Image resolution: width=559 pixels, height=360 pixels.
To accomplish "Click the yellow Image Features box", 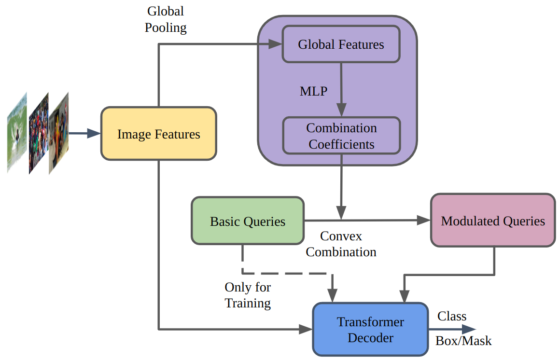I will [158, 134].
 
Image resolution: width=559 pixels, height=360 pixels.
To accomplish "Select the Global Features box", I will [341, 44].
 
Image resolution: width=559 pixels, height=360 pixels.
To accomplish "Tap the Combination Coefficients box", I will [341, 136].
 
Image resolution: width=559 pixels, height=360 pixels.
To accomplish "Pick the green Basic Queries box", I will [248, 222].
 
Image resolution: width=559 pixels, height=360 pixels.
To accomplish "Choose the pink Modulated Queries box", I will [493, 221].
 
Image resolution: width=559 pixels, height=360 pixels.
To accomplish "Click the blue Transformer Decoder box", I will [370, 330].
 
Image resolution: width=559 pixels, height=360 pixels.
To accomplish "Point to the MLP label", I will [313, 91].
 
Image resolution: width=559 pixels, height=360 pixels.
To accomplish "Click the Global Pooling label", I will [166, 19].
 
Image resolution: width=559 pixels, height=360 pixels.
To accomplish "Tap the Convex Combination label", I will [341, 244].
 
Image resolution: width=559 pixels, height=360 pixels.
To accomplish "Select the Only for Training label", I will [248, 295].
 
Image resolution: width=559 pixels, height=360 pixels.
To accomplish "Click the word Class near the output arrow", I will [452, 316].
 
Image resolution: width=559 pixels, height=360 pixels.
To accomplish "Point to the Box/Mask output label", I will [463, 341].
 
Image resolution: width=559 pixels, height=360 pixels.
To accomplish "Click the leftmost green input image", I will [16, 132].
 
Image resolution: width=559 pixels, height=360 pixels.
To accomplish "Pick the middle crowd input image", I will [39, 133].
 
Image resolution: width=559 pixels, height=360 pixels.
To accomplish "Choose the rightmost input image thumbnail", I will [58, 132].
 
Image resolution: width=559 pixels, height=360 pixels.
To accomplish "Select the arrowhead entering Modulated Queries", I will [423, 221].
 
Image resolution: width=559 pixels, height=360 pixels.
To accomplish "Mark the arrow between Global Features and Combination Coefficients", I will [341, 89].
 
